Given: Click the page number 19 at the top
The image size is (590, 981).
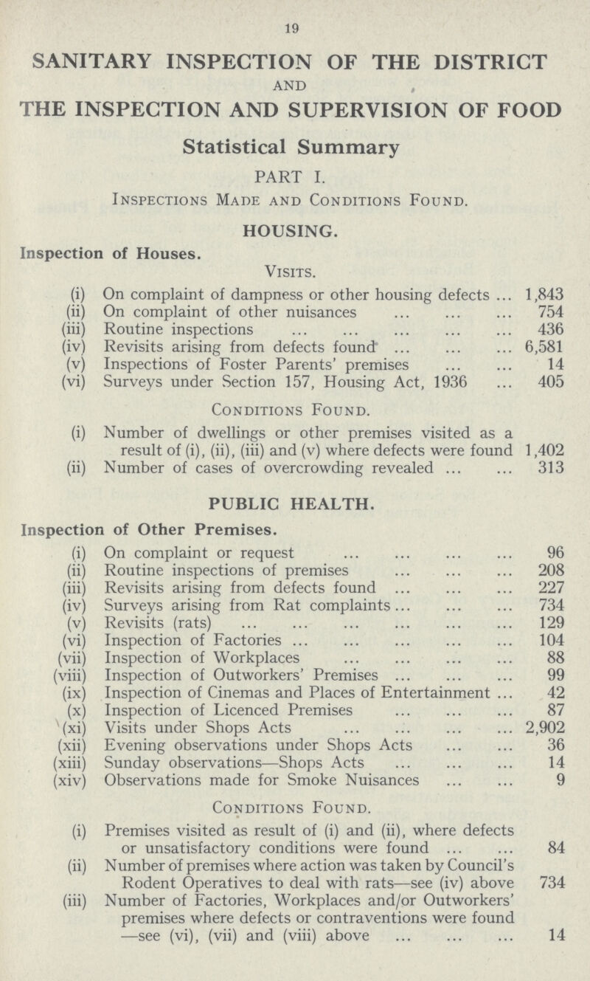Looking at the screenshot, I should coord(294,29).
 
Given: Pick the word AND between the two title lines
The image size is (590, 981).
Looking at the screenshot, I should coord(294,87).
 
